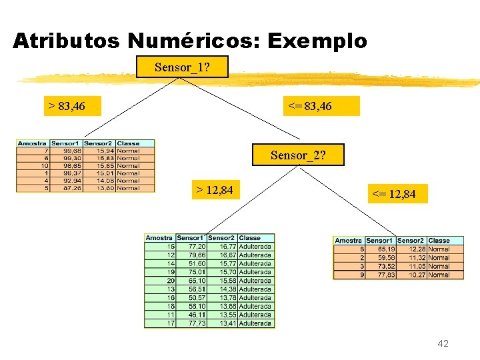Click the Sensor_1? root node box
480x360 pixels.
pyautogui.click(x=182, y=67)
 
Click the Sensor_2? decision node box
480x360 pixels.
pyautogui.click(x=298, y=155)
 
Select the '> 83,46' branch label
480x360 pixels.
pyautogui.click(x=67, y=106)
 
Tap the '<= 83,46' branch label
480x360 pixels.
pyautogui.click(x=309, y=106)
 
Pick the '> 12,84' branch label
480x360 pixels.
pyautogui.click(x=214, y=191)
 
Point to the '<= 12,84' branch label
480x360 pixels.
pyautogui.click(x=394, y=194)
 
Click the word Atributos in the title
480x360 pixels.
pyautogui.click(x=66, y=41)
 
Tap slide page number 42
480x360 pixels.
pyautogui.click(x=443, y=343)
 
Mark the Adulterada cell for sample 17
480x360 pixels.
pyautogui.click(x=255, y=323)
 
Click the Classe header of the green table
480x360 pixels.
pyautogui.click(x=250, y=237)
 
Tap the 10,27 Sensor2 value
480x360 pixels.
pyautogui.click(x=411, y=275)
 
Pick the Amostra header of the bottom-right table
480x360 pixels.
pyautogui.click(x=348, y=241)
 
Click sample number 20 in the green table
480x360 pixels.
pyautogui.click(x=171, y=281)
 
